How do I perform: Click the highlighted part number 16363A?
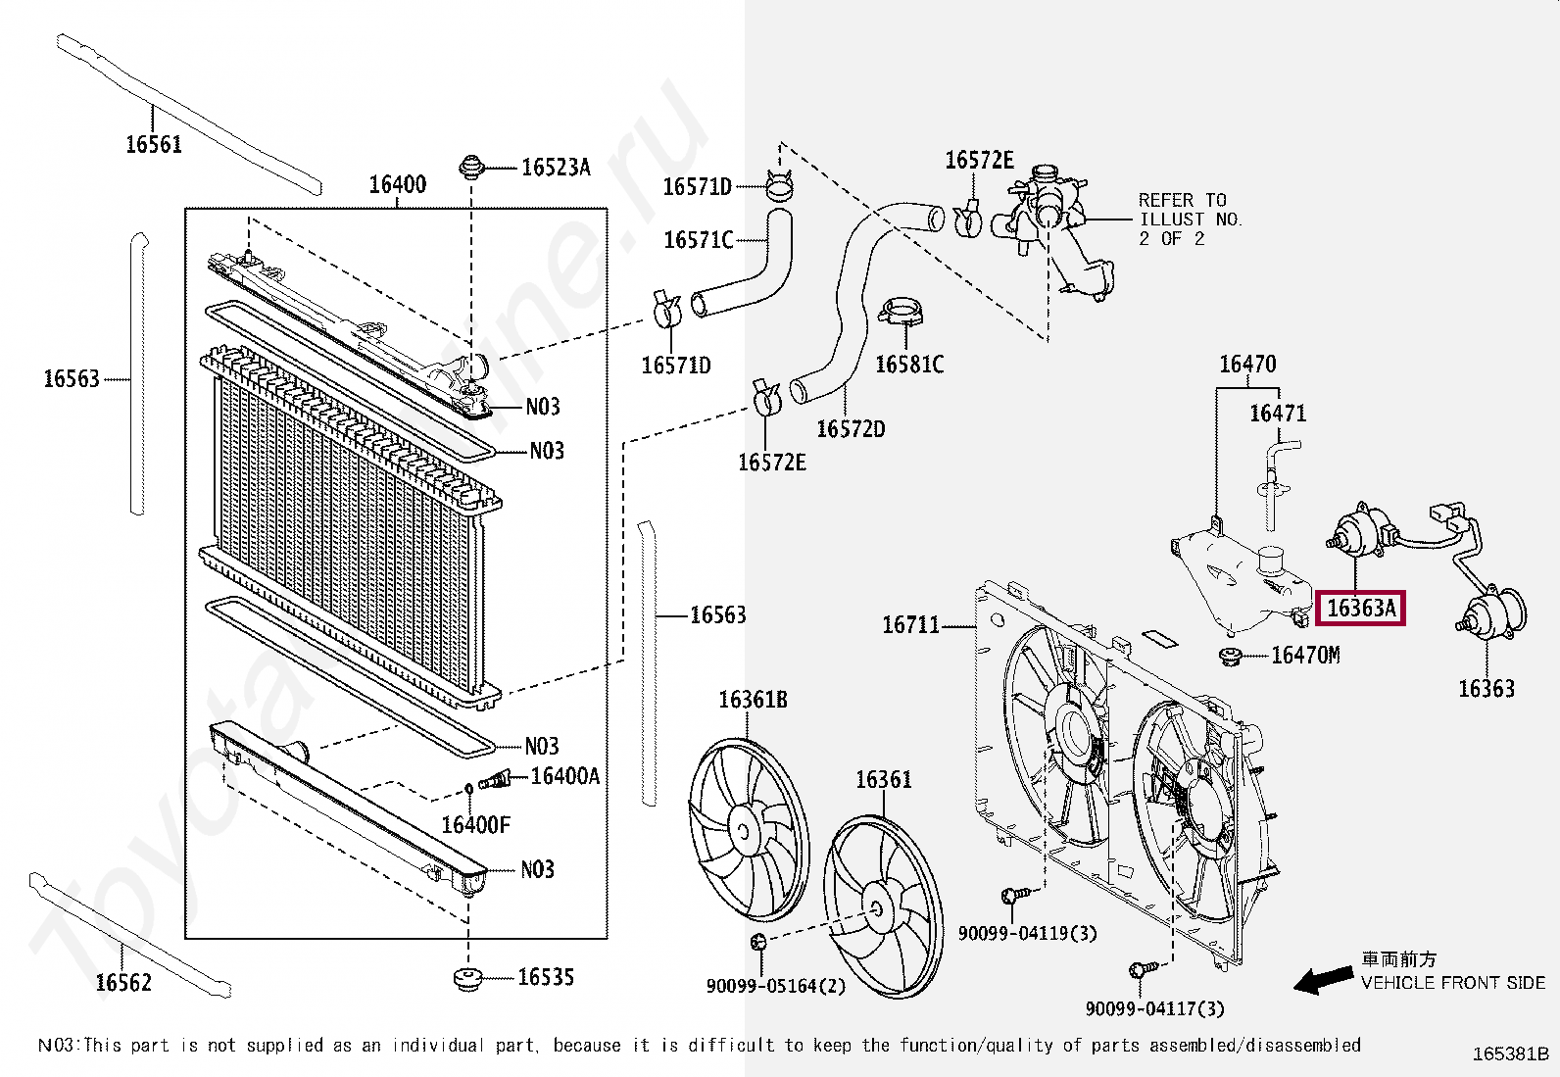click(1361, 609)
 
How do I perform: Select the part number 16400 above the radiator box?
click(397, 184)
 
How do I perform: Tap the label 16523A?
click(556, 168)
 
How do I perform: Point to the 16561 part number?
click(154, 144)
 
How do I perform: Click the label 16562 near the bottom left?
click(123, 982)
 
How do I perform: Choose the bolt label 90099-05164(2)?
click(775, 986)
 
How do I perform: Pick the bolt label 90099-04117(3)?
click(1154, 1008)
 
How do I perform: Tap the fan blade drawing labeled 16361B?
click(749, 829)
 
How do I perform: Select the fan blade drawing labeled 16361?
click(883, 906)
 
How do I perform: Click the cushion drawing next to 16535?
click(468, 978)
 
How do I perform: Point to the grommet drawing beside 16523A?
click(472, 167)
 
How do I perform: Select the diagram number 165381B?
click(1510, 1053)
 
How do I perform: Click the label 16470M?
click(1305, 655)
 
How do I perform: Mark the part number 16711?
click(910, 624)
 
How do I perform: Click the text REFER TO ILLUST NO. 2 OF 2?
click(1190, 219)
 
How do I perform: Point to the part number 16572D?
click(851, 429)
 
